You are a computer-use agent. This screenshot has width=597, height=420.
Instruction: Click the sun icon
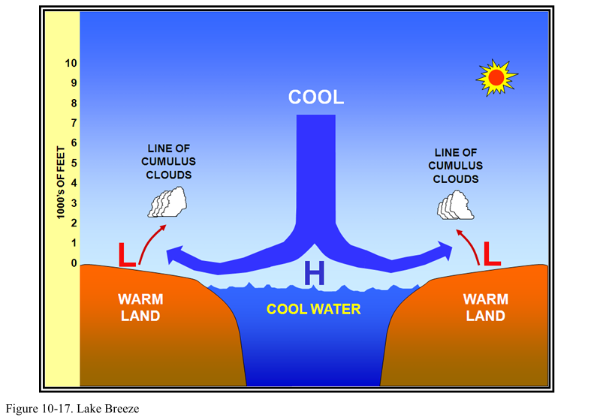pos(495,76)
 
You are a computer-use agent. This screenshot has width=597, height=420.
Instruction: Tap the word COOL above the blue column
pos(316,97)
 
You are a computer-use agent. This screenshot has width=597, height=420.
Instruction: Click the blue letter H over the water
pos(315,274)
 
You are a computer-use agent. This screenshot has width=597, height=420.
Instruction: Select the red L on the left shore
pos(127,255)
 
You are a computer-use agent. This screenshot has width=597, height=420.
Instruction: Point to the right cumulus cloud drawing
pos(456,204)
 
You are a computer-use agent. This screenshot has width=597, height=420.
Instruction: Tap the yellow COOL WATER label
pos(314,309)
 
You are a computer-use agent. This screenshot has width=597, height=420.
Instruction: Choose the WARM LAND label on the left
pos(140,307)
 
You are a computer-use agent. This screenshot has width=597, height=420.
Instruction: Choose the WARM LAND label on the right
pos(485,307)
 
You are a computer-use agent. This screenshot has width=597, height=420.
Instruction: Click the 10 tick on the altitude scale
pos(71,63)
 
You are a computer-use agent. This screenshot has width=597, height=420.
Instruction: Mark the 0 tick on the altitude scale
pos(73,262)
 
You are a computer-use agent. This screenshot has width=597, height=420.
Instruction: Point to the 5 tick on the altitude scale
pos(73,163)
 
